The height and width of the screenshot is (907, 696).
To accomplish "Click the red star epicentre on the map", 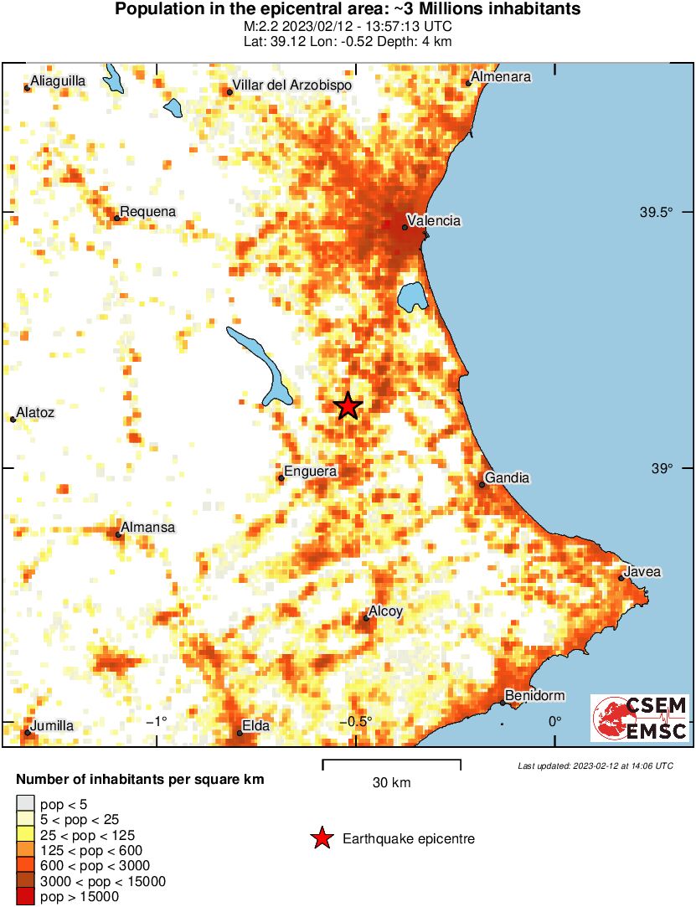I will (x=348, y=406).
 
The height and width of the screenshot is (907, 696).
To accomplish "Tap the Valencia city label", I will (x=432, y=220).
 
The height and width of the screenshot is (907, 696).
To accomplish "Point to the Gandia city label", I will (x=508, y=477).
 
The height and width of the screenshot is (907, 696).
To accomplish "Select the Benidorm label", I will (x=534, y=695).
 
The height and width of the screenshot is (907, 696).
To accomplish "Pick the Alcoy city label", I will (x=386, y=611).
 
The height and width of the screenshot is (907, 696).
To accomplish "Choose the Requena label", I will (x=148, y=212).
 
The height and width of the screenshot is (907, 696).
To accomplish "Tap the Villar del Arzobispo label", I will (x=291, y=85).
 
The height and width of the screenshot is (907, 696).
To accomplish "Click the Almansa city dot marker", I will (x=119, y=533).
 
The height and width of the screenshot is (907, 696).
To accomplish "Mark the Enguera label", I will (x=311, y=472).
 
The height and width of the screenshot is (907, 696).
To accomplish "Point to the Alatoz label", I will (x=36, y=412).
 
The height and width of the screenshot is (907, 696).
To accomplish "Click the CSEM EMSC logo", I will (x=640, y=718).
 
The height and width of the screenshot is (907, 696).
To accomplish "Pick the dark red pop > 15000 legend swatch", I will (x=26, y=896).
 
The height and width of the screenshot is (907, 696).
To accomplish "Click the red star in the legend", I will (x=321, y=838).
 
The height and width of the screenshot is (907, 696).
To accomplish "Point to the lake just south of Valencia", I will (x=410, y=296).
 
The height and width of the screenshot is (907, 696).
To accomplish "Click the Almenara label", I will (x=501, y=77).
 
